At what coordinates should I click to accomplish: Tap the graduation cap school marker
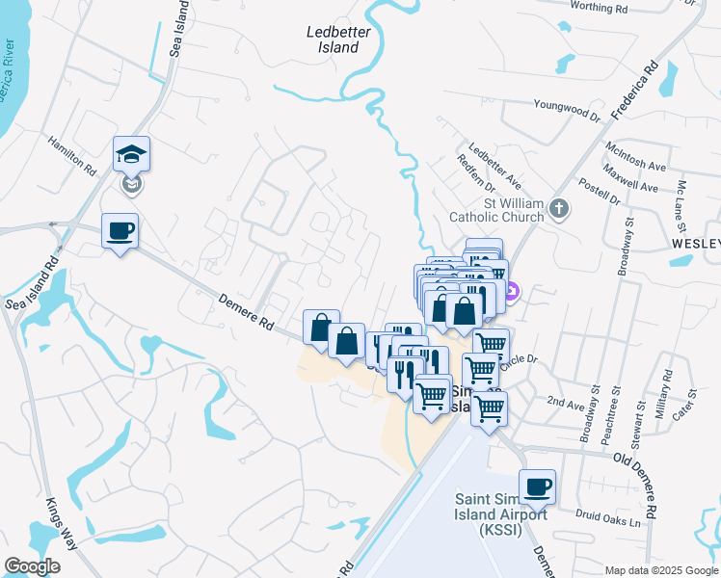click(132, 153)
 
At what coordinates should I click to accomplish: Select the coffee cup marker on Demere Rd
click(120, 231)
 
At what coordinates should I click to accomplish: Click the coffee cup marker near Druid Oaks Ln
click(537, 486)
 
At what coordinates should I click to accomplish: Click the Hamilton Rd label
click(73, 154)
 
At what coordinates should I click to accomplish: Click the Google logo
click(32, 566)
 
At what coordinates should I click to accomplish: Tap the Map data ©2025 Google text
click(661, 570)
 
